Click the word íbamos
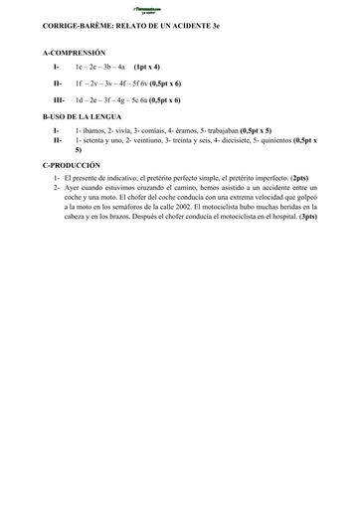[x=93, y=130]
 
